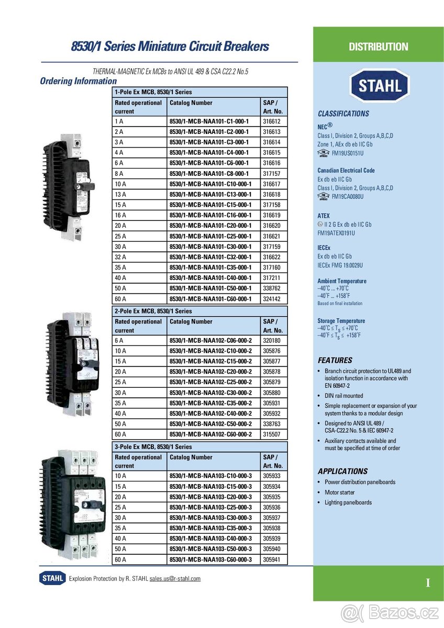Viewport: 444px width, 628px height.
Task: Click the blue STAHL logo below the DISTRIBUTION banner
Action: (379, 86)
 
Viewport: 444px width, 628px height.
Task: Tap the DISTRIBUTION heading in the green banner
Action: (378, 47)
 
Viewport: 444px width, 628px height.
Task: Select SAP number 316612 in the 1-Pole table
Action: (272, 121)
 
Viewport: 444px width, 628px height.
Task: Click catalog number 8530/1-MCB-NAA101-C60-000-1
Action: (210, 299)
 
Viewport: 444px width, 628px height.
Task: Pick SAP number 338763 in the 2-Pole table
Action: (272, 424)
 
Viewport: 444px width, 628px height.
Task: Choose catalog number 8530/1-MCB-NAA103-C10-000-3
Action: (210, 476)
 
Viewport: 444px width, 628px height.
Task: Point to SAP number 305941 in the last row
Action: (272, 559)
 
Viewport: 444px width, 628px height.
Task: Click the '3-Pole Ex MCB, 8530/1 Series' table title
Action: (153, 447)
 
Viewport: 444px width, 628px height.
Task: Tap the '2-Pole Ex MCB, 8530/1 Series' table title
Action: (153, 311)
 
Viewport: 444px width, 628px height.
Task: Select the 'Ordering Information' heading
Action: (79, 81)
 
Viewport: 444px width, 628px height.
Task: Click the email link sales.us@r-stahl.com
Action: (175, 578)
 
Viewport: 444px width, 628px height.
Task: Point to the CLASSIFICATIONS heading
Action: (343, 114)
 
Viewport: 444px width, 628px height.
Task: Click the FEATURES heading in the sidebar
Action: (335, 360)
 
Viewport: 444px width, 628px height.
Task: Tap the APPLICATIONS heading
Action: (342, 471)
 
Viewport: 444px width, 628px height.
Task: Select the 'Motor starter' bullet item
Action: (339, 492)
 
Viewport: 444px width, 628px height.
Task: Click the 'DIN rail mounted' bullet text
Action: (343, 396)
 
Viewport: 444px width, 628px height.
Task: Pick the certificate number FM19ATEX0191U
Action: (336, 233)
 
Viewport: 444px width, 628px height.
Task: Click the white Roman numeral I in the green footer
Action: (428, 583)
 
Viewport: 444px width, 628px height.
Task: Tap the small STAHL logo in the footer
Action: (52, 578)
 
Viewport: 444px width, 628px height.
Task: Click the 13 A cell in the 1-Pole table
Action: (120, 194)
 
